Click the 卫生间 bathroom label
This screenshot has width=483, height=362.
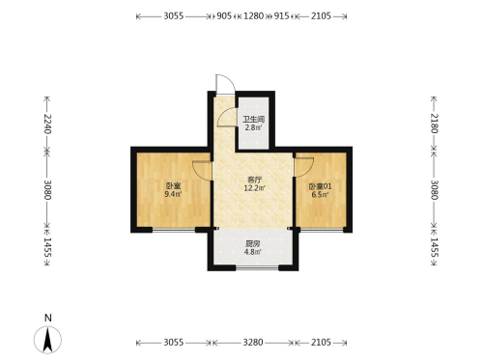(254, 120)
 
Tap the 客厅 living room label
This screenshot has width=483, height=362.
(254, 180)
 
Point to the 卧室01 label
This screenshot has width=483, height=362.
(320, 186)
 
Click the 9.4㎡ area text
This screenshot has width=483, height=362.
(173, 194)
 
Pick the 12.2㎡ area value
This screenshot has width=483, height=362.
(254, 188)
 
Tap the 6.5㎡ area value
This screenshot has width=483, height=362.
(320, 194)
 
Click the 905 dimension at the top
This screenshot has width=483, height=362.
(224, 15)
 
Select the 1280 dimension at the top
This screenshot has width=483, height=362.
(253, 15)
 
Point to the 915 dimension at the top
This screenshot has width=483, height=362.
(281, 15)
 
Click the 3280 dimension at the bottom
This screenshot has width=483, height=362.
(253, 342)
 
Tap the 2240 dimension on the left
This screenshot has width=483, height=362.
(47, 124)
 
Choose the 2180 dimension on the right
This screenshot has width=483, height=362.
(434, 124)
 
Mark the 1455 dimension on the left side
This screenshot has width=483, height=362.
(47, 247)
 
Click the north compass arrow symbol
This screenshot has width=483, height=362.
(47, 340)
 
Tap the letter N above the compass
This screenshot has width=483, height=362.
(48, 318)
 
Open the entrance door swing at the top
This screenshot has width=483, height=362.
(225, 84)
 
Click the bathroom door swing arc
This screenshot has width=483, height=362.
(226, 117)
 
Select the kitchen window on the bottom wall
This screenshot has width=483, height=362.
(257, 267)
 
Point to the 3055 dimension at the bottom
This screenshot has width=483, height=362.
(174, 342)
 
